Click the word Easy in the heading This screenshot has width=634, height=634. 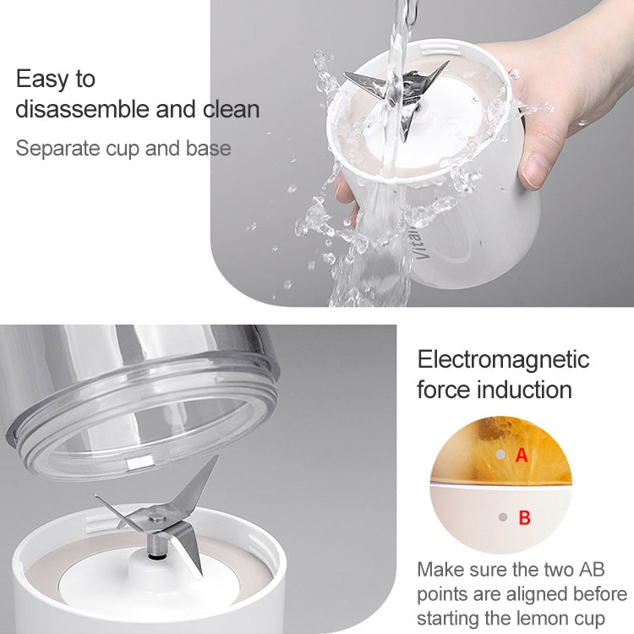(x=41, y=79)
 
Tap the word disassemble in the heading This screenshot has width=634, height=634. (x=84, y=109)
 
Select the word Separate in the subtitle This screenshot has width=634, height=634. (x=57, y=149)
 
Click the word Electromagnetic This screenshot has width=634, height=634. (x=503, y=359)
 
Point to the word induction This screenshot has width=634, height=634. (x=524, y=390)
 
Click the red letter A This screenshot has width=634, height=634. (x=522, y=456)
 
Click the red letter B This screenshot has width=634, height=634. (x=524, y=517)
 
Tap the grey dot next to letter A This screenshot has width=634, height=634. (x=500, y=455)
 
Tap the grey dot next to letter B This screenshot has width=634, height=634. (x=503, y=517)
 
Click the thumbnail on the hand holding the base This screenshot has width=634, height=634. (x=535, y=170)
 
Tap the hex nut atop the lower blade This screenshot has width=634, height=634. (x=157, y=516)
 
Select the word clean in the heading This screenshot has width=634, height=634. (x=232, y=109)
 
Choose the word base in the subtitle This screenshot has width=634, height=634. (x=208, y=149)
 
